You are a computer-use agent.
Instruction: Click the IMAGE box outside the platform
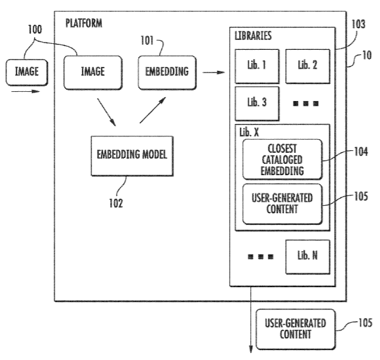27,72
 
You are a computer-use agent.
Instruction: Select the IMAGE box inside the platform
93,73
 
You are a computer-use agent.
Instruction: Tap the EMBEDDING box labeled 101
167,73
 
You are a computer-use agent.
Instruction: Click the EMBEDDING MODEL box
132,155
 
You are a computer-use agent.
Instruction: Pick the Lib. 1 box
257,66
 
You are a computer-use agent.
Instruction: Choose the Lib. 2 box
307,66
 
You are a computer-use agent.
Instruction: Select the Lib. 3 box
257,104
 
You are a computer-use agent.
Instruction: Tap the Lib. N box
307,257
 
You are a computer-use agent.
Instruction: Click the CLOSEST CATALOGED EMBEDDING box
282,159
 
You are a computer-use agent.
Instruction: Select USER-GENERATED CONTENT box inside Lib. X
282,204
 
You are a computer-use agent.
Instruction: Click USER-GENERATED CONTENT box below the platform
295,329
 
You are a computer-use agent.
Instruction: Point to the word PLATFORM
84,24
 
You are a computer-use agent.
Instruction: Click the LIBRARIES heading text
253,36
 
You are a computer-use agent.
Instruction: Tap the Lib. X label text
249,132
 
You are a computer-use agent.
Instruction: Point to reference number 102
116,203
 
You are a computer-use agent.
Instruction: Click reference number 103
358,24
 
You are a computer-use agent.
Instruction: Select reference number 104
361,151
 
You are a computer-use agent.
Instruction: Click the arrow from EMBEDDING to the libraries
214,72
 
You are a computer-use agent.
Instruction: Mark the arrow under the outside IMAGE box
25,91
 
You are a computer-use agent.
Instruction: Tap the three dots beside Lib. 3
306,104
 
